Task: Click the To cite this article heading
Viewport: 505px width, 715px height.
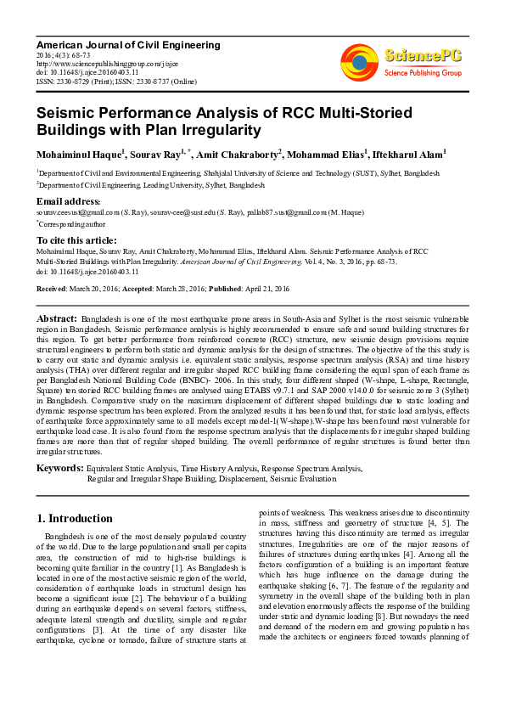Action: tap(78, 241)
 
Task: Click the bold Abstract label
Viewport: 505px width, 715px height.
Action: tap(56, 318)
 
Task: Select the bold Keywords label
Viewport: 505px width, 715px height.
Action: tap(59, 468)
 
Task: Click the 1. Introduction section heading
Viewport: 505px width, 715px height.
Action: tap(75, 518)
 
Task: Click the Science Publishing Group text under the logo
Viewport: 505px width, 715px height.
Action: tap(422, 73)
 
